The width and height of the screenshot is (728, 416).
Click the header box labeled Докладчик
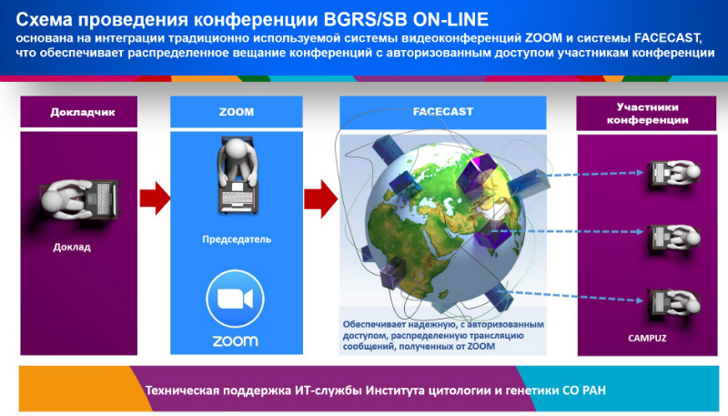coord(78,111)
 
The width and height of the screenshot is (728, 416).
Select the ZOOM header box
coord(237,111)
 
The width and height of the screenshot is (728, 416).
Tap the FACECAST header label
coord(443,112)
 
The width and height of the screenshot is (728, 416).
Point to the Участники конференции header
coord(646,113)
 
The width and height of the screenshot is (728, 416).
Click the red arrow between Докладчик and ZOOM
coord(155,198)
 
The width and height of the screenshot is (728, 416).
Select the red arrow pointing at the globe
coord(321,198)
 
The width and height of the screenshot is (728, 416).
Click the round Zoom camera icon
coord(235,299)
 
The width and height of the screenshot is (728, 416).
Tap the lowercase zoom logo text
coord(235,341)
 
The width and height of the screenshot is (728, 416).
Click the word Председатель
coord(237,239)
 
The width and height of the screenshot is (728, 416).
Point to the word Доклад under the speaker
coord(72,247)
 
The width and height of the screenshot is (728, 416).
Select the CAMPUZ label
coord(647,338)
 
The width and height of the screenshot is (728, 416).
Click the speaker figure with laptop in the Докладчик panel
coord(79,199)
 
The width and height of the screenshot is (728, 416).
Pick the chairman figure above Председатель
coord(237,174)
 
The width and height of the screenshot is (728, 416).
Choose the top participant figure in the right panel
coord(674,173)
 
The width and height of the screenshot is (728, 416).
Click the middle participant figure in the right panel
coord(674,238)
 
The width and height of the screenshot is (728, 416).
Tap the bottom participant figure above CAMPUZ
coord(674,303)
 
